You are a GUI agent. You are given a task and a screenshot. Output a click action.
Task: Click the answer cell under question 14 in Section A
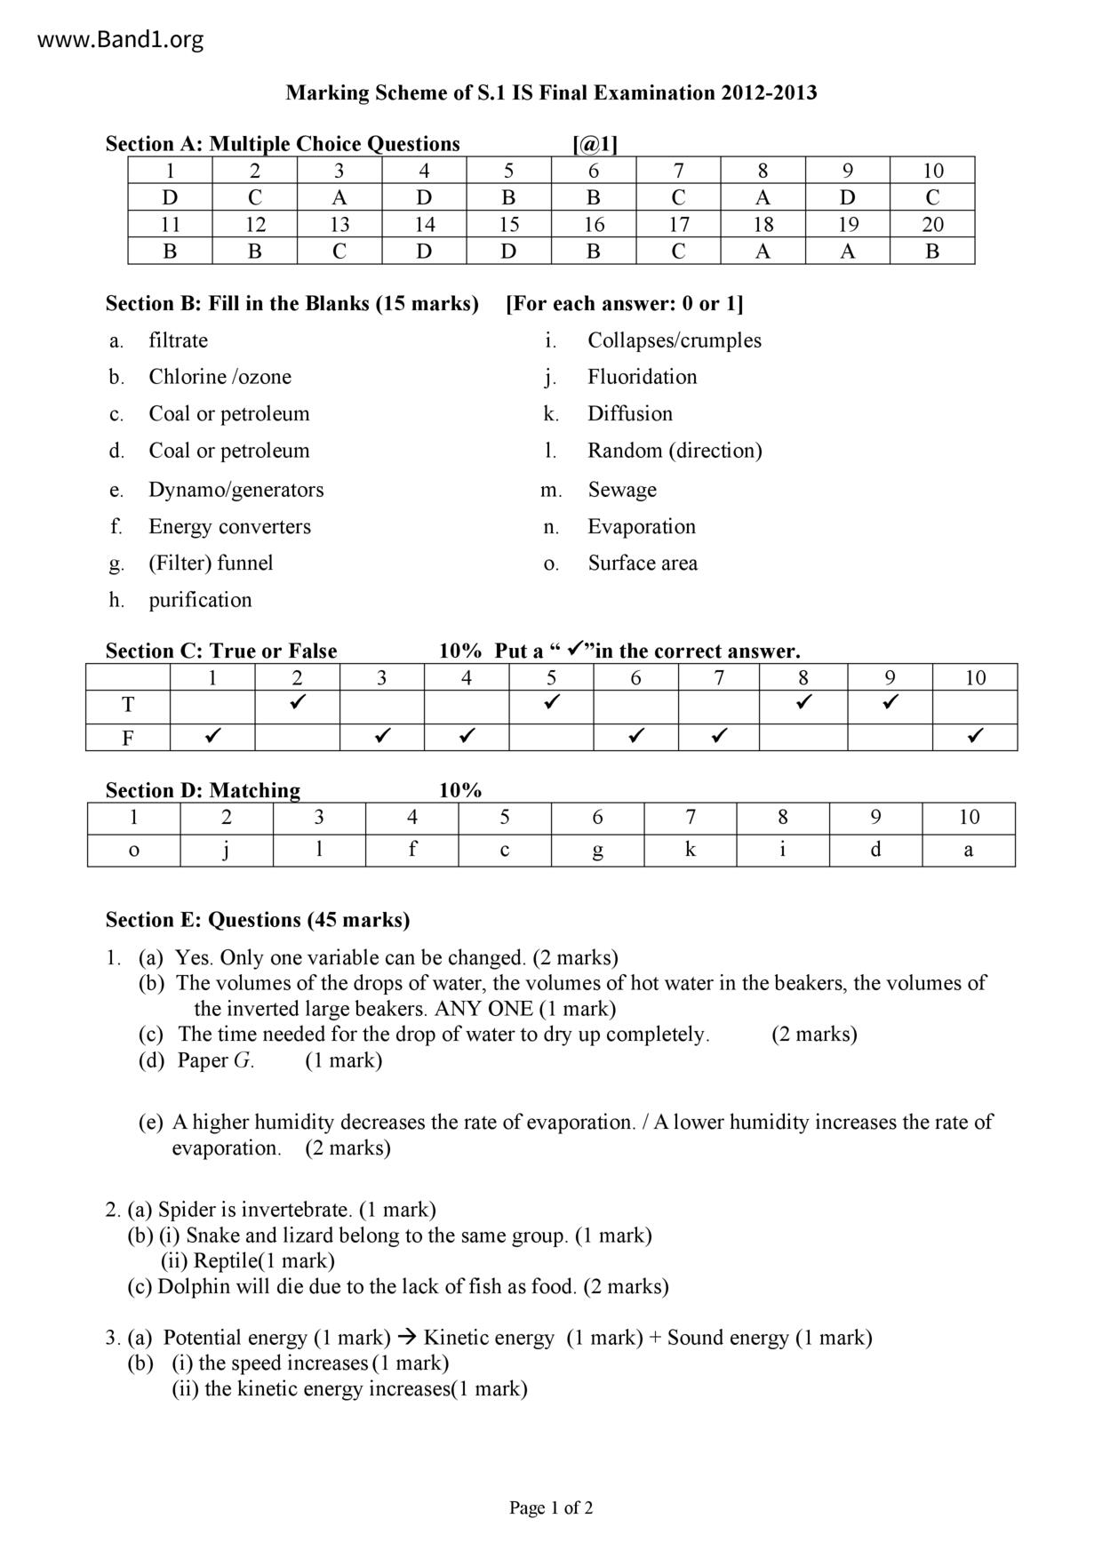(424, 252)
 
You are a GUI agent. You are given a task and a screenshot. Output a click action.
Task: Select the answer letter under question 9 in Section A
(848, 197)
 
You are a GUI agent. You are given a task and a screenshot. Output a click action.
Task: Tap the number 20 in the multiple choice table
(932, 225)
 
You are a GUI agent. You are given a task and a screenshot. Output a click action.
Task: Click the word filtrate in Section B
(178, 340)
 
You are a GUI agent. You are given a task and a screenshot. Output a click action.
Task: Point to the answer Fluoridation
(642, 377)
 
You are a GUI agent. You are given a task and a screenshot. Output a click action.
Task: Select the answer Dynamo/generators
(236, 490)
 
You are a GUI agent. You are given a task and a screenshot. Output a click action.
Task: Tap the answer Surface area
(643, 564)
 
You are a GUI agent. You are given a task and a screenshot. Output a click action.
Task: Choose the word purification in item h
(200, 600)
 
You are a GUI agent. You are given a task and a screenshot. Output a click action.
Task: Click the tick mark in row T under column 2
(297, 703)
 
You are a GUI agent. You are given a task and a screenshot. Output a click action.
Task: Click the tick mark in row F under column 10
(975, 736)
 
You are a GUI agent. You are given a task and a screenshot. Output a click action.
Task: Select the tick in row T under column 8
(803, 703)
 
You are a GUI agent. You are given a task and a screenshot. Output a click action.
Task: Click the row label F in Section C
(128, 738)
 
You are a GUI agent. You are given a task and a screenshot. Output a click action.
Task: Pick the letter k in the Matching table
(691, 850)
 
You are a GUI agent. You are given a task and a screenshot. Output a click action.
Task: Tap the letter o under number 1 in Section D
(134, 850)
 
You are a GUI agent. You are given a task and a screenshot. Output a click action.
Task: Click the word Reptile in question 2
(225, 1260)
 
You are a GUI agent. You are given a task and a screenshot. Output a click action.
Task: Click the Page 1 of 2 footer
(551, 1507)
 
